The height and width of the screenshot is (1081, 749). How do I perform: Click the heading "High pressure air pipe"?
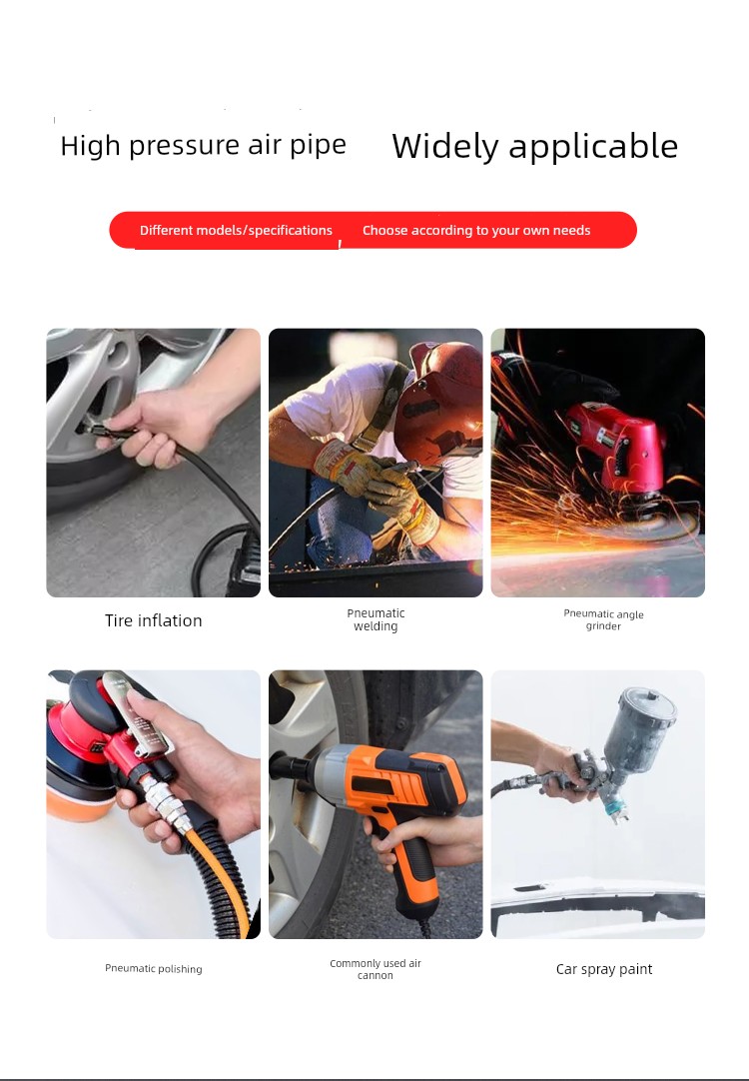(x=204, y=146)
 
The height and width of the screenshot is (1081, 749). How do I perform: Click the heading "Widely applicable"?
(x=534, y=146)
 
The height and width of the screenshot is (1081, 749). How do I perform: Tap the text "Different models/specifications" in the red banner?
(x=236, y=230)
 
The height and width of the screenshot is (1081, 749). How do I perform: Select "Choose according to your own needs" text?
(x=476, y=230)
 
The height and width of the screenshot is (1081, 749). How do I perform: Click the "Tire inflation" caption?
(x=154, y=620)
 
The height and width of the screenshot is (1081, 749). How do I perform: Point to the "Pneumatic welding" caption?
(x=375, y=619)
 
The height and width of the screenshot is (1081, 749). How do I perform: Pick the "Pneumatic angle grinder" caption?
(x=603, y=619)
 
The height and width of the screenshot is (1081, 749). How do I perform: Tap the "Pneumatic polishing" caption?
(x=154, y=969)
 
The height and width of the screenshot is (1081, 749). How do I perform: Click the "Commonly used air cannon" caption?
(x=375, y=969)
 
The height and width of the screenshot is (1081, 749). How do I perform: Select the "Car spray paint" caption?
(x=604, y=969)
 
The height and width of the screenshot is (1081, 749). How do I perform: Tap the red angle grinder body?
(x=617, y=445)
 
